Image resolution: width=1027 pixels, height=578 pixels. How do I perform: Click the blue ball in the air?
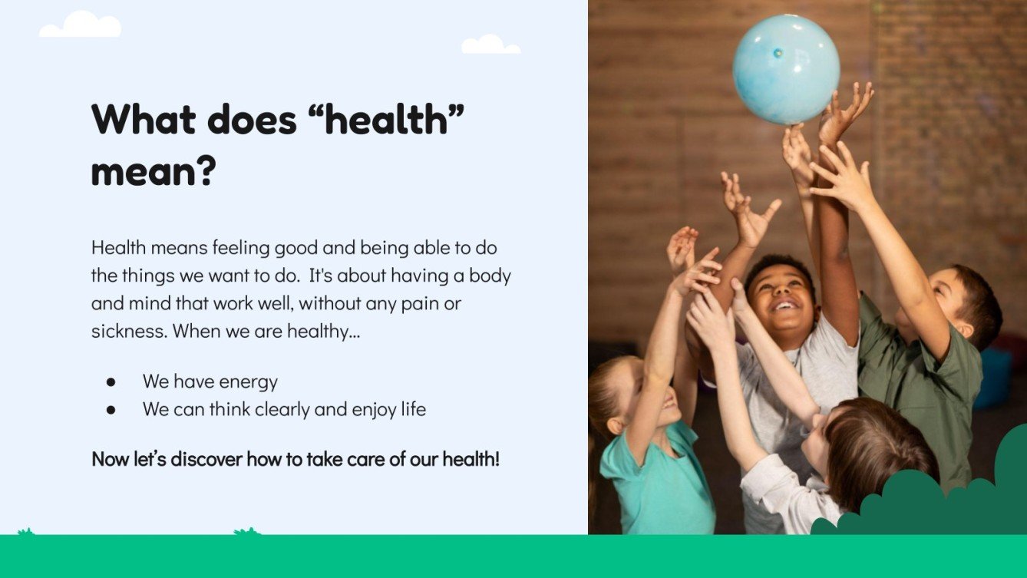tap(785, 69)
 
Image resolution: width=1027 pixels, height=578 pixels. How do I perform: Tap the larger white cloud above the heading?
tap(81, 25)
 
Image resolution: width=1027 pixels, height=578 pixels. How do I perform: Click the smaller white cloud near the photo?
tap(490, 45)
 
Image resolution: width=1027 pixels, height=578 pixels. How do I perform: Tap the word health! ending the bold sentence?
tap(471, 460)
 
